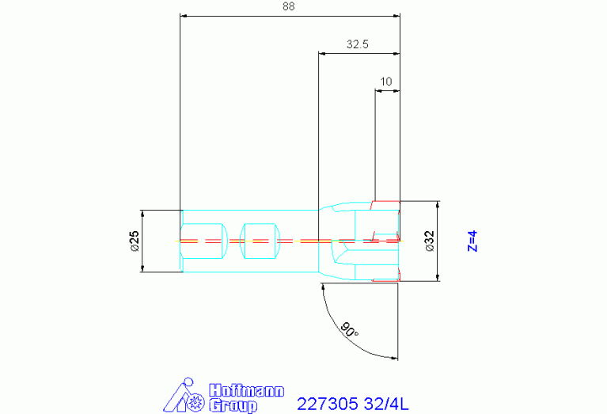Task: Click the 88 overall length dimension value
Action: tap(288, 6)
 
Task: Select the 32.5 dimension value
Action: tap(357, 44)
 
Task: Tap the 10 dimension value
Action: tap(386, 82)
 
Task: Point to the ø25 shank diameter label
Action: tap(135, 241)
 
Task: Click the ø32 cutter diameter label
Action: tap(430, 241)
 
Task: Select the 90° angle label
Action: tap(349, 329)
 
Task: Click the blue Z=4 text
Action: tap(472, 241)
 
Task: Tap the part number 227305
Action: tap(327, 404)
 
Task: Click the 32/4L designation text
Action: tap(386, 404)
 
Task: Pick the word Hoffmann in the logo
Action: tap(247, 390)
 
